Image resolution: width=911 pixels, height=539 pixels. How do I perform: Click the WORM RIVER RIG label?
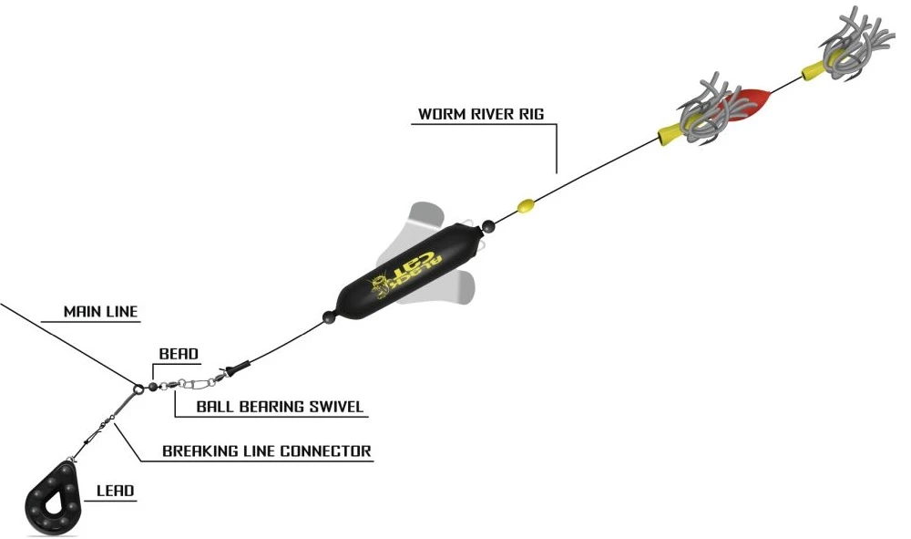pos(481,114)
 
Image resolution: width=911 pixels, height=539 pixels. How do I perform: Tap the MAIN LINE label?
pos(100,312)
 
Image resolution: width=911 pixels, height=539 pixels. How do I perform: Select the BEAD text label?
pos(179,354)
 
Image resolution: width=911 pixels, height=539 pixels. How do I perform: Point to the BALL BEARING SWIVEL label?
pos(280,407)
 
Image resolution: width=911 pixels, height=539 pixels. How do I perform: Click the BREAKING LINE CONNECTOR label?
pos(267,451)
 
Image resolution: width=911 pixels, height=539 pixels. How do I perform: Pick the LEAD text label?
pos(115,491)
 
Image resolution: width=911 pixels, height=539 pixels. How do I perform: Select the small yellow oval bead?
pos(526,204)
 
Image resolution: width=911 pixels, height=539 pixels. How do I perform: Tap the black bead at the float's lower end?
pos(330,317)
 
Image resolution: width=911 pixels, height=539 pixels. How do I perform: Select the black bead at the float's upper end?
pos(488,225)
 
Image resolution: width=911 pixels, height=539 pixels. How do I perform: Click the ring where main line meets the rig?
pos(138,388)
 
